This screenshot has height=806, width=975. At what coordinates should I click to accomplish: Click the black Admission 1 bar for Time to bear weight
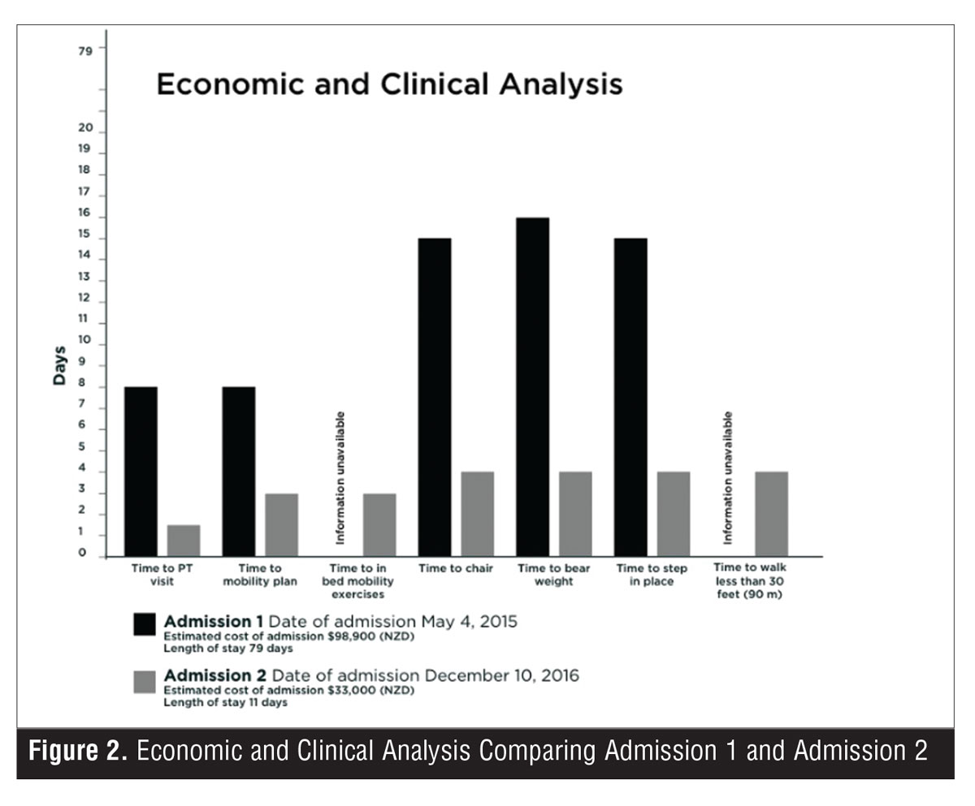click(x=532, y=386)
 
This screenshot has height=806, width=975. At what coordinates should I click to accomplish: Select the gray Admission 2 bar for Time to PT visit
click(x=184, y=541)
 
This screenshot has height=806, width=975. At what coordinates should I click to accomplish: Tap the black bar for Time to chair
click(x=434, y=397)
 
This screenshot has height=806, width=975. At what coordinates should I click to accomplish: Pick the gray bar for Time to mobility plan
click(x=282, y=524)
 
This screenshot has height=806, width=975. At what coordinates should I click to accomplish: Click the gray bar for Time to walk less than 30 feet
click(x=771, y=514)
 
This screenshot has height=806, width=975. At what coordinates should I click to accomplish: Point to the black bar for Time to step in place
click(x=630, y=397)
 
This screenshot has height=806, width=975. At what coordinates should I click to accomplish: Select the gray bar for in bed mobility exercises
click(x=379, y=524)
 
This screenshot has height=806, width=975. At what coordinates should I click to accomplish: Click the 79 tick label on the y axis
click(x=85, y=51)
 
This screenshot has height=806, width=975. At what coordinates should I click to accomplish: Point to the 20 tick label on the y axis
click(x=85, y=127)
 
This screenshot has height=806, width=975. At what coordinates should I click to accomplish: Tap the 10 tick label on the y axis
click(x=84, y=339)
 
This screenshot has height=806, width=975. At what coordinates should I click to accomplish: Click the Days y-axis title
click(x=59, y=365)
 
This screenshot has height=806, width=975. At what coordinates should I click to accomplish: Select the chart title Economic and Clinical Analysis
click(x=389, y=84)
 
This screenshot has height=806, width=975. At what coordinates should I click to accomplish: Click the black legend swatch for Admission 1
click(x=145, y=624)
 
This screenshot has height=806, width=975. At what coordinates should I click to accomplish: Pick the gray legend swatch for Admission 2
click(x=145, y=683)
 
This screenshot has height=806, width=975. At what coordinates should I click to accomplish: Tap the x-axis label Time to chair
click(x=455, y=568)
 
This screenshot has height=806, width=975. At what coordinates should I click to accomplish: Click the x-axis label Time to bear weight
click(x=554, y=575)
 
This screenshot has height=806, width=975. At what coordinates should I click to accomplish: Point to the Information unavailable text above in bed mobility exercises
click(x=340, y=477)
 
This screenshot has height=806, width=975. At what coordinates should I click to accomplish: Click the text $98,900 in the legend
click(x=351, y=636)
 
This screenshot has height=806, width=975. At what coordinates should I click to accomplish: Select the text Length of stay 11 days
click(x=225, y=702)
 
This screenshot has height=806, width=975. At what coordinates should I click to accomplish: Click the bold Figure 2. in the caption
click(x=78, y=751)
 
